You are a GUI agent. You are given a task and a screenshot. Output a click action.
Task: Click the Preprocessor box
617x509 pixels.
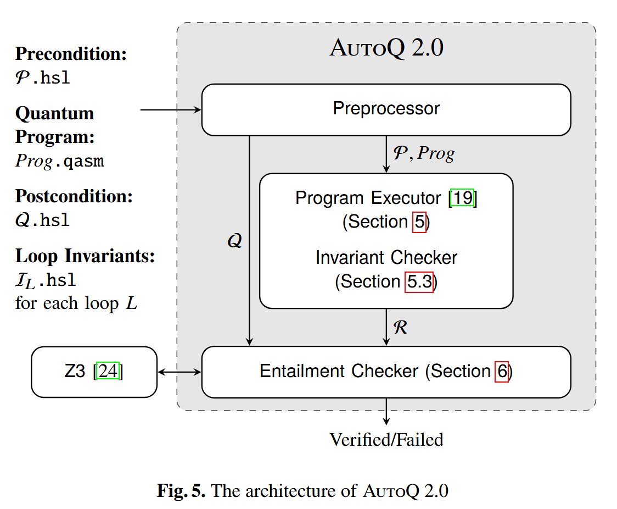(x=386, y=109)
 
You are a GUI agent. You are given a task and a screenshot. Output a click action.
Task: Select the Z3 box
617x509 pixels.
(x=94, y=372)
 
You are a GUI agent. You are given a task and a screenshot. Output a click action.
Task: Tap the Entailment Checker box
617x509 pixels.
(x=386, y=372)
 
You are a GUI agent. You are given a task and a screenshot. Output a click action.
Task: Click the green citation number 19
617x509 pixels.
(x=462, y=198)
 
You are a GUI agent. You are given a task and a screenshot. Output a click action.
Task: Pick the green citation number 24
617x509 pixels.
(x=108, y=372)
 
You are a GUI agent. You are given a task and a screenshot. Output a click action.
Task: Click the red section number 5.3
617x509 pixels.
(x=419, y=282)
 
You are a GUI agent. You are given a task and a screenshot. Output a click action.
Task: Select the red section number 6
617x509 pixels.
(x=502, y=372)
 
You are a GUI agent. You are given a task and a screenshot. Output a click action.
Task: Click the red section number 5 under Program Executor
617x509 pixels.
(x=419, y=222)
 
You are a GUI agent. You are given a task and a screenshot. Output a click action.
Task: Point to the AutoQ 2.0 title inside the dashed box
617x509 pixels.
(x=386, y=48)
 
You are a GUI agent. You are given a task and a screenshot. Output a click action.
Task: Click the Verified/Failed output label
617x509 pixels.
(x=386, y=440)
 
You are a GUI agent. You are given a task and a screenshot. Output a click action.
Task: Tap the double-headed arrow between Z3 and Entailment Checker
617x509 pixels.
(x=180, y=372)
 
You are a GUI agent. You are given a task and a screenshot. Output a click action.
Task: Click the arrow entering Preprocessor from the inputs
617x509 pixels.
(x=171, y=110)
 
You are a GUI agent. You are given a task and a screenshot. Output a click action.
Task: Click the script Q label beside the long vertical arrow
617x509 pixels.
(x=234, y=241)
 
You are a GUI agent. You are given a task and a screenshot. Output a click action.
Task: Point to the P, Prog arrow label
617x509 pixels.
(x=420, y=153)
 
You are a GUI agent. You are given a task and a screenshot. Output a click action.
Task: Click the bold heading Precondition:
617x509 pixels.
(x=71, y=54)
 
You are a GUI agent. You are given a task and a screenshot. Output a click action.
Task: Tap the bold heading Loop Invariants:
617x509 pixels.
(x=85, y=256)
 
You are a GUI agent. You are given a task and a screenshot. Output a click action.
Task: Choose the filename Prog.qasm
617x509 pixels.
(x=59, y=162)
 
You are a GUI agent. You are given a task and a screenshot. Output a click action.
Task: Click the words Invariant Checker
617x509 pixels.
(x=386, y=258)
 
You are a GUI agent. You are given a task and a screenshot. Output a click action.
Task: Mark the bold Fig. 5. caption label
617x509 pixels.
(x=181, y=490)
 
